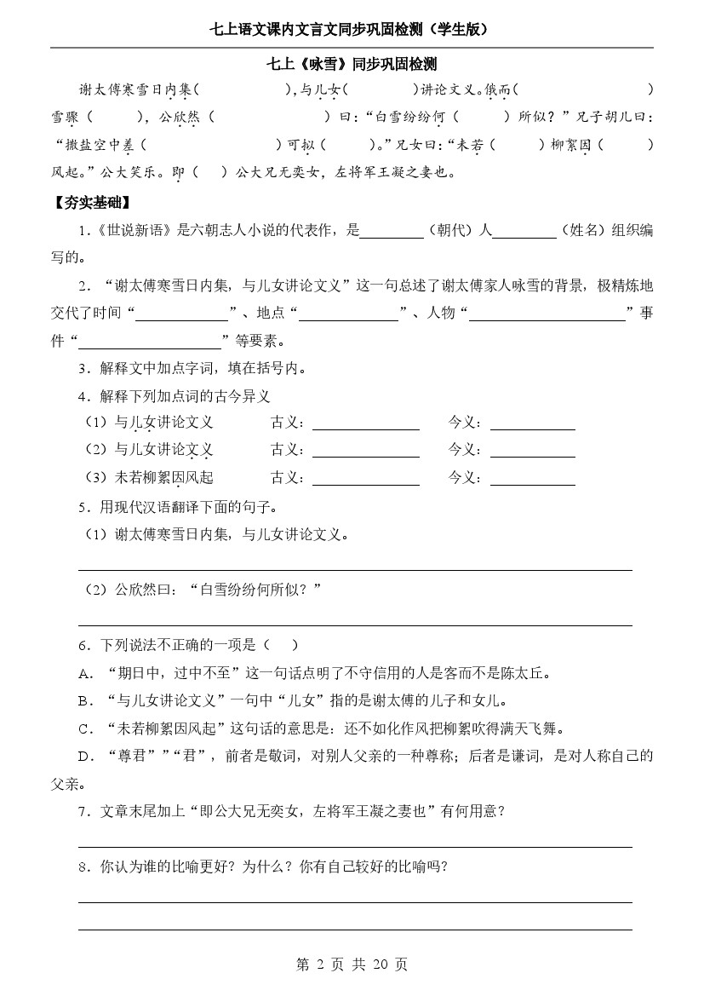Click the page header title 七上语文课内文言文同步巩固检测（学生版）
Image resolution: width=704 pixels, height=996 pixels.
coord(352,30)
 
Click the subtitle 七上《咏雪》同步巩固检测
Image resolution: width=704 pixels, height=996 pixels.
coord(352,65)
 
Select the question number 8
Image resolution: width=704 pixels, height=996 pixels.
coord(83,867)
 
